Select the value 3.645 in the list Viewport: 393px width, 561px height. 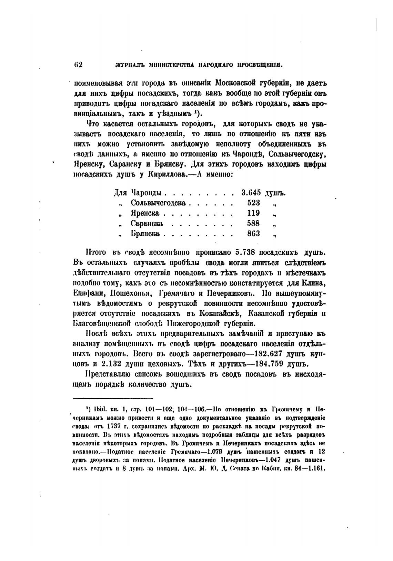coord(251,192)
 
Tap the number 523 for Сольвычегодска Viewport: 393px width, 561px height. coord(254,203)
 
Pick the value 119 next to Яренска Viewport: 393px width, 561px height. coord(253,213)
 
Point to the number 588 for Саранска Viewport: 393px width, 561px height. coord(253,223)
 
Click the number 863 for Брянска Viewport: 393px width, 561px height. coord(253,234)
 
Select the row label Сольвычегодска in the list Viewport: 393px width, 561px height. coord(158,203)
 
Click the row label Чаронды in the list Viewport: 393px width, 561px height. coord(147,193)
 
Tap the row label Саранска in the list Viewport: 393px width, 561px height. coord(147,224)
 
